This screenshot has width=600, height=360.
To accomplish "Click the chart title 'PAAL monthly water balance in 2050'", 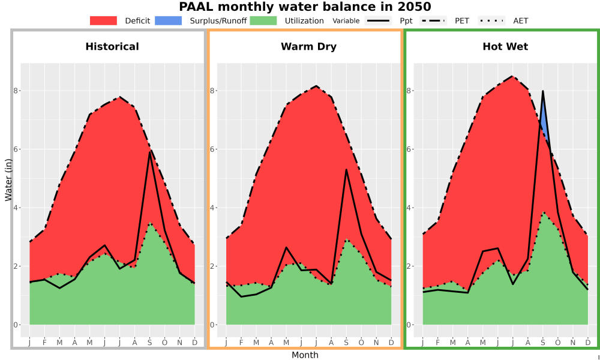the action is [x=305, y=7].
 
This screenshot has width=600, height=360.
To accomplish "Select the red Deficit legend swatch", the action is [x=103, y=20].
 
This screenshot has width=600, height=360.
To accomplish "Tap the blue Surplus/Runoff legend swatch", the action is [x=169, y=20].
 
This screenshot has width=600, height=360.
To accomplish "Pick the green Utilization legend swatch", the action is [x=263, y=20].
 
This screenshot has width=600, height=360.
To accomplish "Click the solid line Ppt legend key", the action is [x=377, y=20].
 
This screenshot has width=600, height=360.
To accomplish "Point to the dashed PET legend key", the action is [x=433, y=20].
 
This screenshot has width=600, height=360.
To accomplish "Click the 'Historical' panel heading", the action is [x=112, y=47].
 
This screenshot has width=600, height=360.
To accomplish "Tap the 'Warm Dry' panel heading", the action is [x=309, y=47].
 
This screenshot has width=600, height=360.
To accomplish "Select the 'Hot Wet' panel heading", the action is [x=505, y=47].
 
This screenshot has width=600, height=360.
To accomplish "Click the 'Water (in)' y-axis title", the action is [x=8, y=180].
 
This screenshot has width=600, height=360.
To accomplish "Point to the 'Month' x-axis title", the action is [x=305, y=355].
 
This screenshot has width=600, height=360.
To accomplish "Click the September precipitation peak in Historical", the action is [x=149, y=152].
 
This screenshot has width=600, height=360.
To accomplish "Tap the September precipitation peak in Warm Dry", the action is [x=346, y=169].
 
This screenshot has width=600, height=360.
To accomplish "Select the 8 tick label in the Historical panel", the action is [x=16, y=91].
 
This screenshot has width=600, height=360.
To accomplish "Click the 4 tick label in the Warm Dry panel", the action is [x=212, y=208].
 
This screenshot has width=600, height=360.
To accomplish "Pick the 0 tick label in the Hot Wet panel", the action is [x=409, y=325].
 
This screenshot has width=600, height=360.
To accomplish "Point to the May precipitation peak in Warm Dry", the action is [x=286, y=247].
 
